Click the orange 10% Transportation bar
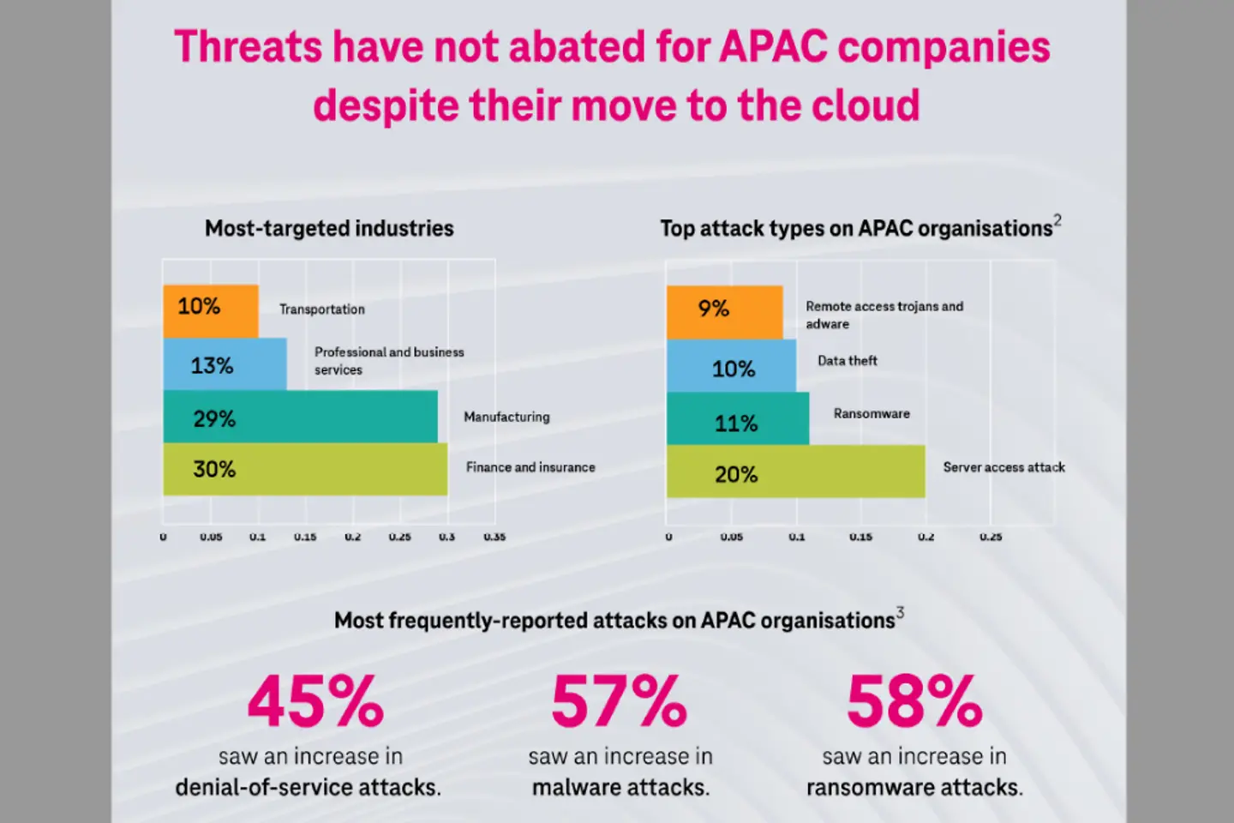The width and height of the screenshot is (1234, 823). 211,310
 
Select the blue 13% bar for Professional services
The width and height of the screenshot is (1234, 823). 225,364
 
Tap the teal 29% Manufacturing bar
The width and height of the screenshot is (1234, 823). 300,417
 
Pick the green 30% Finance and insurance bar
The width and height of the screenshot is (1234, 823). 305,469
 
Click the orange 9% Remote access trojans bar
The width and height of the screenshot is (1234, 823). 724,312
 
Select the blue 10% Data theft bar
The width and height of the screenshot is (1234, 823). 731,366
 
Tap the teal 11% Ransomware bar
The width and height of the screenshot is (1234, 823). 737,419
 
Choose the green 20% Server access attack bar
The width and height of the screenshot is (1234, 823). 795,472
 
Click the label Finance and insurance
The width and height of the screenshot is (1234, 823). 530,467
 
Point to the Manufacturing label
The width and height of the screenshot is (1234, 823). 506,417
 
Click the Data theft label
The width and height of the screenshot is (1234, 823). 847,361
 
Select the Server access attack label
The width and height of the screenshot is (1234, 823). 1003,467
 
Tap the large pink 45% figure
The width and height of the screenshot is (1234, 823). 315,701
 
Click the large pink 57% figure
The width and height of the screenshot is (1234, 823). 619,701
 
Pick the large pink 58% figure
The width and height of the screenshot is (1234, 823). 914,701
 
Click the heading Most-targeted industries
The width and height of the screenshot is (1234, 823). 329,228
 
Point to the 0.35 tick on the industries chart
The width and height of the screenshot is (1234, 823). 494,538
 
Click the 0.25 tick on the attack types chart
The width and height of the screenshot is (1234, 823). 991,538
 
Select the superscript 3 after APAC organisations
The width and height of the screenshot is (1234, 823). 900,612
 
